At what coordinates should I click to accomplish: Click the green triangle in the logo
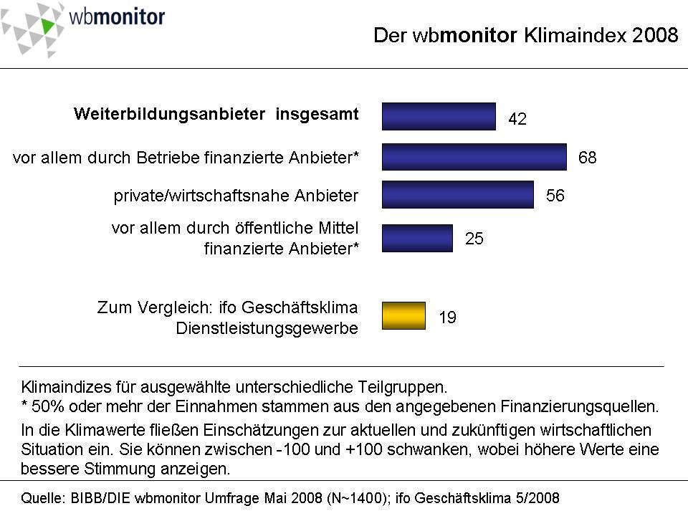click(x=47, y=26)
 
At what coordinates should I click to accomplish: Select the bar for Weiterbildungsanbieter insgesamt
click(x=439, y=116)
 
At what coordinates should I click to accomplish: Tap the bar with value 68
click(x=474, y=157)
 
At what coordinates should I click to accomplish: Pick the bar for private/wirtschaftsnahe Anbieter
click(x=457, y=194)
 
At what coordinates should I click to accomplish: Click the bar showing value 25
click(x=417, y=238)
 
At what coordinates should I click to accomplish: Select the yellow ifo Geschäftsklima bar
click(x=403, y=316)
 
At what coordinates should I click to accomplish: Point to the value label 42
click(x=517, y=120)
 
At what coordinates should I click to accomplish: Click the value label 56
click(x=555, y=196)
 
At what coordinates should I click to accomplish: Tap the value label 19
click(x=447, y=317)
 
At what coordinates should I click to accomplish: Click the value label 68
click(x=587, y=158)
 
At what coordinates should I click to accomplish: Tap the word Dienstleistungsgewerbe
click(x=267, y=328)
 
